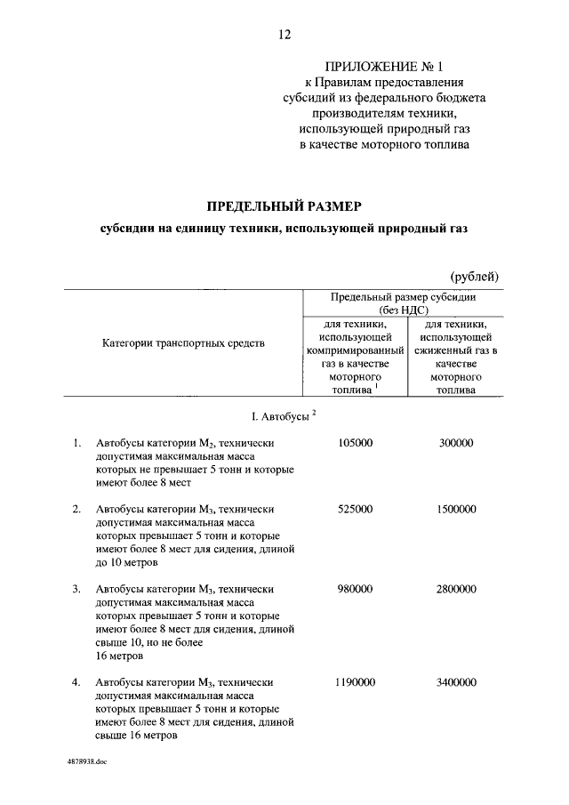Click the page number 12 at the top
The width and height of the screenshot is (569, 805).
(284, 35)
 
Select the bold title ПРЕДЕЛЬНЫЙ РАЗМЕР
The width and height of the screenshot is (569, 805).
(284, 205)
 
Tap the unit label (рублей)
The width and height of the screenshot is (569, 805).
(474, 277)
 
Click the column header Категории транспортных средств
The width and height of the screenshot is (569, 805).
(183, 342)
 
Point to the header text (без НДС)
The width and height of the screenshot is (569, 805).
(404, 310)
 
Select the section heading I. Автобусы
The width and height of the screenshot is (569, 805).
(280, 416)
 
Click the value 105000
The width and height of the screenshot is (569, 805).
(356, 443)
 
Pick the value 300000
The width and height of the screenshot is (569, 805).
(456, 443)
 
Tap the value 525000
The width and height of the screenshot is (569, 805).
(356, 509)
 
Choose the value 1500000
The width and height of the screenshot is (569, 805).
(456, 509)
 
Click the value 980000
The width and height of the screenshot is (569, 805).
(356, 589)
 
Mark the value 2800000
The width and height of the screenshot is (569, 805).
(456, 589)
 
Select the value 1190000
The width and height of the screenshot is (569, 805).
(356, 682)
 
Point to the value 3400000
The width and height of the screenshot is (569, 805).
(456, 682)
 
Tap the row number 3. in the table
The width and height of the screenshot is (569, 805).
(76, 589)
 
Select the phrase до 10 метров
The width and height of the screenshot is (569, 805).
(127, 562)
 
